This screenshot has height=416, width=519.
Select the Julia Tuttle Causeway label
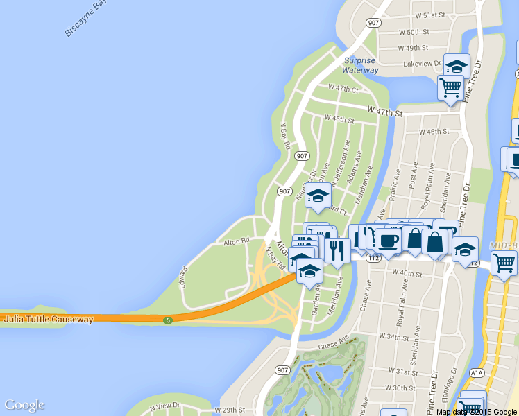[48, 320]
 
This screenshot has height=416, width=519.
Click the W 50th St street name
[414, 33]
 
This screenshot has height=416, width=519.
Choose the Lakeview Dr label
[422, 64]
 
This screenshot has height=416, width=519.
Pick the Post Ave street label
[413, 177]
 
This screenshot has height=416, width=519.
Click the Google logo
[24, 405]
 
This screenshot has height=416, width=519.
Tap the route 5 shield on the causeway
[168, 320]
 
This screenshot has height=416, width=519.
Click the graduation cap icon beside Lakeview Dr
[456, 66]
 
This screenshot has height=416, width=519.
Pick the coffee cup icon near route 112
[387, 240]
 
